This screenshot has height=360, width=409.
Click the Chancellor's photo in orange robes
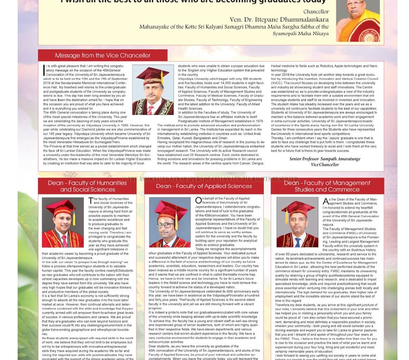pyautogui.click(x=357, y=21)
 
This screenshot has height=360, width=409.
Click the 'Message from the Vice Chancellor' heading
pyautogui.click(x=103, y=55)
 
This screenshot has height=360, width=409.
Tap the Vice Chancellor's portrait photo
pyautogui.click(x=153, y=90)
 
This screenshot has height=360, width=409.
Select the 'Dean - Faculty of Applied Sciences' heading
pyautogui.click(x=204, y=186)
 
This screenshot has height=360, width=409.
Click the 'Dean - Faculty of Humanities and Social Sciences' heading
pyautogui.click(x=87, y=186)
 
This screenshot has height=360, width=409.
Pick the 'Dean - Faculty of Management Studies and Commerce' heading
pyautogui.click(x=327, y=186)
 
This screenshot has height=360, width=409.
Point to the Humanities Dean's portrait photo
pyautogui.click(x=63, y=222)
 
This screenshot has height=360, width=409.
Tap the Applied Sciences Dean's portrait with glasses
pyautogui.click(x=169, y=222)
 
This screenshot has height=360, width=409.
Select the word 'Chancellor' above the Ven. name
pyautogui.click(x=316, y=12)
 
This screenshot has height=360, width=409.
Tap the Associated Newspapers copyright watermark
pyautogui.click(x=210, y=179)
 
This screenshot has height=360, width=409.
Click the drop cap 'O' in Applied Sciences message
pyautogui.click(x=199, y=201)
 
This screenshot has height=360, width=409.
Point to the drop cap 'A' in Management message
pyautogui.click(x=325, y=201)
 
